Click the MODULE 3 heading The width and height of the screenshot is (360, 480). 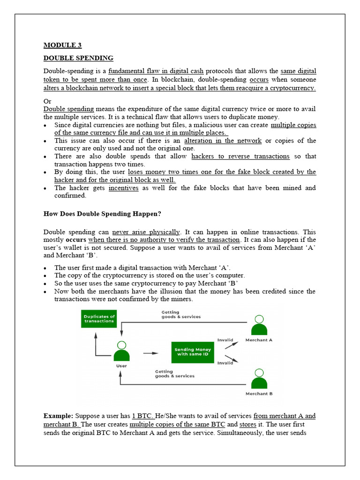pyautogui.click(x=62, y=45)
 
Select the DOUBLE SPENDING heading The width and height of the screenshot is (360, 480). pyautogui.click(x=78, y=58)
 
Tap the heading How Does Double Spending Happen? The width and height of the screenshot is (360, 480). pyautogui.click(x=102, y=214)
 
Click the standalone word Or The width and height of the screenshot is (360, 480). pyautogui.click(x=47, y=101)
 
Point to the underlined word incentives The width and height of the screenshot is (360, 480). pyautogui.click(x=124, y=188)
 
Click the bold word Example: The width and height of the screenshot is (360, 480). pyautogui.click(x=58, y=416)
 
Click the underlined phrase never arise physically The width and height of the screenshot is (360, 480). pyautogui.click(x=146, y=232)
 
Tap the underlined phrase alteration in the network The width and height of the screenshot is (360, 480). pyautogui.click(x=223, y=141)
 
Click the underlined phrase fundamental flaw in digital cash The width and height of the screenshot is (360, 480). pyautogui.click(x=156, y=71)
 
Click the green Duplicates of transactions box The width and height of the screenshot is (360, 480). pyautogui.click(x=99, y=319)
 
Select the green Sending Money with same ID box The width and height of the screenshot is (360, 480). pyautogui.click(x=193, y=352)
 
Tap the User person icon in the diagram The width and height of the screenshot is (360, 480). pyautogui.click(x=121, y=351)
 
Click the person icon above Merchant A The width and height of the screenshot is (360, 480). pyautogui.click(x=259, y=325)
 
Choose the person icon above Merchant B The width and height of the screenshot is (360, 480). pyautogui.click(x=259, y=379)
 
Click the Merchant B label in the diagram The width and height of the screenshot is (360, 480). pyautogui.click(x=259, y=394)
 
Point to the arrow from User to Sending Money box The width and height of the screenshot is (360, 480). pyautogui.click(x=150, y=353)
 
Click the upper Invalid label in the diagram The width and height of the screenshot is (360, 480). pyautogui.click(x=225, y=340)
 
